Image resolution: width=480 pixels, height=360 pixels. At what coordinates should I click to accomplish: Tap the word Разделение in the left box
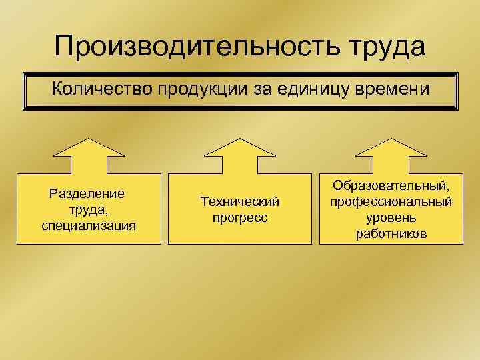pos(87,194)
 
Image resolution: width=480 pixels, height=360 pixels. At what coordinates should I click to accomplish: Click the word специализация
pos(88,225)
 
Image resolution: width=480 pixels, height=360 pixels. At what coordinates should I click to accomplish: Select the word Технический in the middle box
pos(239,201)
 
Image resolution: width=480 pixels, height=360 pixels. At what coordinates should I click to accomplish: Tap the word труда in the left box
pos(86,210)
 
